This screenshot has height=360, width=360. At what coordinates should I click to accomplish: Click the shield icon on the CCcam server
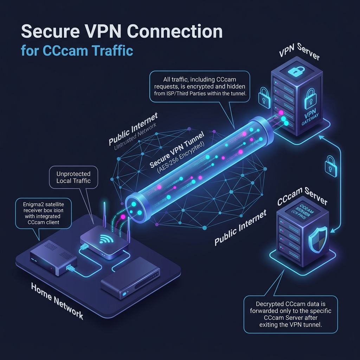317,238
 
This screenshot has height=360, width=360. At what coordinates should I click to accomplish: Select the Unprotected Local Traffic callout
73,178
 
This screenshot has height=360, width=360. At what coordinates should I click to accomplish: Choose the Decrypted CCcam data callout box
290,314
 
